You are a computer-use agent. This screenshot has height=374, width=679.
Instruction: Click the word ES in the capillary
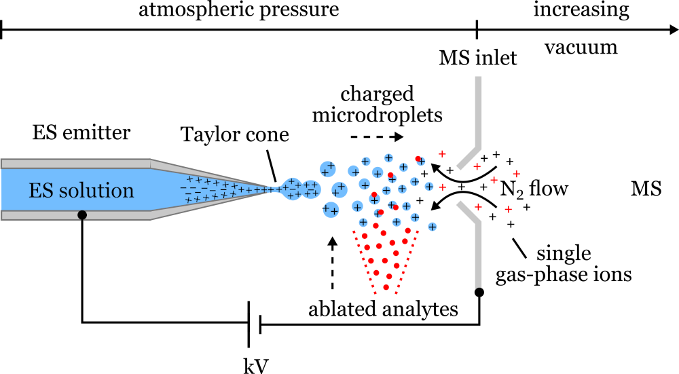click(x=41, y=191)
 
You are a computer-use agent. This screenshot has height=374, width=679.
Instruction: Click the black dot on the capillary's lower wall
click(x=82, y=215)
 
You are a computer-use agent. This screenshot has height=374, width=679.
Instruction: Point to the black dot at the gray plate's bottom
click(x=478, y=291)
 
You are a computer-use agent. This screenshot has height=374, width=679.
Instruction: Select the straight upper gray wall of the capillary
click(x=75, y=164)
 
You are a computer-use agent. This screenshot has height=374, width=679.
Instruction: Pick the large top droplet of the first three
click(x=328, y=168)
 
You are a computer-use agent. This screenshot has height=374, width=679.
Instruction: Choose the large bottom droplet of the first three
click(x=331, y=210)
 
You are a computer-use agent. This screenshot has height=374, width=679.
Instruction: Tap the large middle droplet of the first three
click(x=339, y=189)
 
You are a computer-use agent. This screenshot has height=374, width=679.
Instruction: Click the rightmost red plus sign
click(x=516, y=174)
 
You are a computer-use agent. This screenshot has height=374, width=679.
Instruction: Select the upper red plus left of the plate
click(x=442, y=154)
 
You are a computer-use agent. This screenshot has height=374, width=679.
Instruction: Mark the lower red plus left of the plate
click(x=442, y=187)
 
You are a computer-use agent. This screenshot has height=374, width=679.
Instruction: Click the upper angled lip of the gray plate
click(x=469, y=158)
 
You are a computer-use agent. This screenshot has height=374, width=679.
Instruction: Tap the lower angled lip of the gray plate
click(x=469, y=212)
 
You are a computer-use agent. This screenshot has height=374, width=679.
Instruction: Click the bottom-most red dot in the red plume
click(x=386, y=287)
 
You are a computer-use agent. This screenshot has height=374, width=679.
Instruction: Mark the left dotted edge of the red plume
click(x=363, y=262)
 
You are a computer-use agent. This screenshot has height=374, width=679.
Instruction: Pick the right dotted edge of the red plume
click(x=407, y=262)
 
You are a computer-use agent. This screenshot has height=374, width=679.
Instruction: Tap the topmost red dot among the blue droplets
click(x=418, y=159)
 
